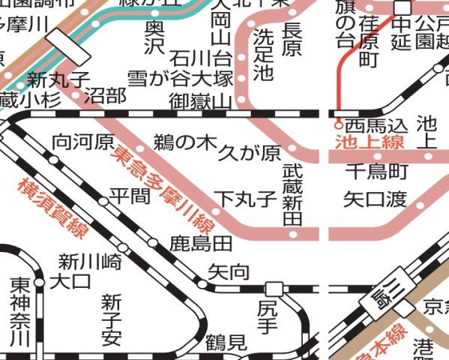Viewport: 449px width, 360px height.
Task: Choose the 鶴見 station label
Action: click(226, 343)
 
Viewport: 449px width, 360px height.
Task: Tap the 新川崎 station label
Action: click(90, 262)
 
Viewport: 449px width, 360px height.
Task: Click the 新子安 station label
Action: click(112, 319)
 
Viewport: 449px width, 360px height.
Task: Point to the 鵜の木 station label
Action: click(184, 142)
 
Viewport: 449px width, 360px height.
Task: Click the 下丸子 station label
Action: click(245, 199)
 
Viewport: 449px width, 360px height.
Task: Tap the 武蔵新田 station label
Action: click(292, 196)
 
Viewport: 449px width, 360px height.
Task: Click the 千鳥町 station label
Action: click(377, 172)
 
